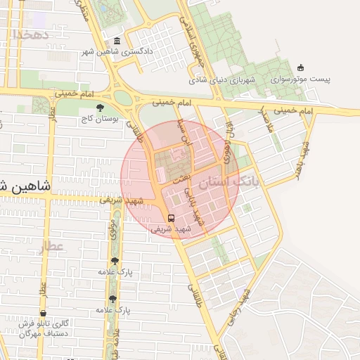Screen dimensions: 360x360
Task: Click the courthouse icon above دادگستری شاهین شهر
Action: [116, 41]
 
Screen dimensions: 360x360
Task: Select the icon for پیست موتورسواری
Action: [301, 68]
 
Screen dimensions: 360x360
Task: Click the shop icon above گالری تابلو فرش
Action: [43, 313]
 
